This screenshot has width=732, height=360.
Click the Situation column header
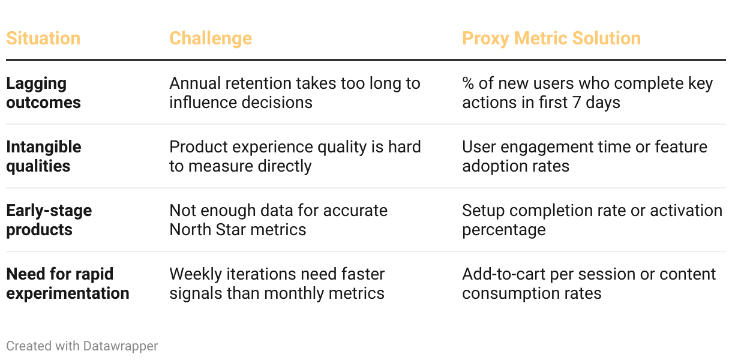[x=43, y=38]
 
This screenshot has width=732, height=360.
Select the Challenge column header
[x=211, y=39]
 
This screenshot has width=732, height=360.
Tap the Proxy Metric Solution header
[x=551, y=39]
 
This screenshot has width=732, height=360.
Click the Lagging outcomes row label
[x=43, y=93]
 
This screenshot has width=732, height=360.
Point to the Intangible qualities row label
[x=43, y=157]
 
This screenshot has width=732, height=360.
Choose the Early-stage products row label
[x=49, y=220]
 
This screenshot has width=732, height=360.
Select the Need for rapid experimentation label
[x=68, y=284]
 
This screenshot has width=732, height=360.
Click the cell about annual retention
[x=295, y=93]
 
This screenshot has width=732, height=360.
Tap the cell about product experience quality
[x=295, y=157]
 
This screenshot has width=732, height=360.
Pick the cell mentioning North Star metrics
[x=278, y=220]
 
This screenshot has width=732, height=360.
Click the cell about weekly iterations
[x=277, y=284]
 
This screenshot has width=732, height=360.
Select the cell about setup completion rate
[x=592, y=220]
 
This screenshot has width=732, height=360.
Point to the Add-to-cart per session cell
[x=589, y=284]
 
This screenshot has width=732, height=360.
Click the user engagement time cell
[x=584, y=157]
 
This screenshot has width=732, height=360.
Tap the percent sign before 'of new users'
[x=468, y=83]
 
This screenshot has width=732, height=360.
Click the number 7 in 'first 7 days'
[x=577, y=103]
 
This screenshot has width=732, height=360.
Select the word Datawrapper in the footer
[x=120, y=346]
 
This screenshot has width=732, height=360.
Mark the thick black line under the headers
[x=366, y=60]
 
